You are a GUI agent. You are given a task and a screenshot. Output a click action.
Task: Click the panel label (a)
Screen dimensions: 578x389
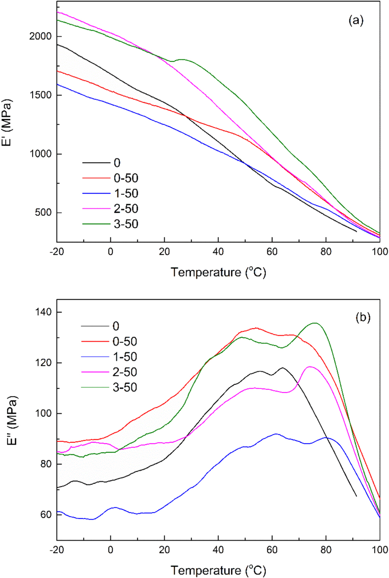point(356,21)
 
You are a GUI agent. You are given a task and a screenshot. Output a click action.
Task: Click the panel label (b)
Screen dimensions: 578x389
point(363,317)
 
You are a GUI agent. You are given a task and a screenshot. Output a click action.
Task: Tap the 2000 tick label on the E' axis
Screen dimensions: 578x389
point(40,37)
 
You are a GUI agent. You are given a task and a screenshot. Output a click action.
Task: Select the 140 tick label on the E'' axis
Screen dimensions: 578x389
point(44,312)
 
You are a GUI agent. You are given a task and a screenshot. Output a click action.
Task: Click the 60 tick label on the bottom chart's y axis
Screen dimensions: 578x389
point(46,515)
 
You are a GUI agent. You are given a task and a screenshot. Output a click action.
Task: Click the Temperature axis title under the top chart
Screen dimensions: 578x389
point(218,272)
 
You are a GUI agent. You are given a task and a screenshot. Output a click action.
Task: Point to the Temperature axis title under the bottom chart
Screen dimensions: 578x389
point(218,570)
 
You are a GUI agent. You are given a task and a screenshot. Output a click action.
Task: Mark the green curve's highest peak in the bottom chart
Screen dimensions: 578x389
point(315,323)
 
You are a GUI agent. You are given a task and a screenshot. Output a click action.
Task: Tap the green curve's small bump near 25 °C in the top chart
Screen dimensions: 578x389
point(182,59)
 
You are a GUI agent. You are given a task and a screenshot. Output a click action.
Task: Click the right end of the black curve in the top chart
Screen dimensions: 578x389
point(356,231)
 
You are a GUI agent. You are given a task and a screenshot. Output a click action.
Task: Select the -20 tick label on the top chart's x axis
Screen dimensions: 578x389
point(57,252)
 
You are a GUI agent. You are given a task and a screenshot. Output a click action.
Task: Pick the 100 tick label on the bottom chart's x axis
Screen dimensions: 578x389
point(379,550)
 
